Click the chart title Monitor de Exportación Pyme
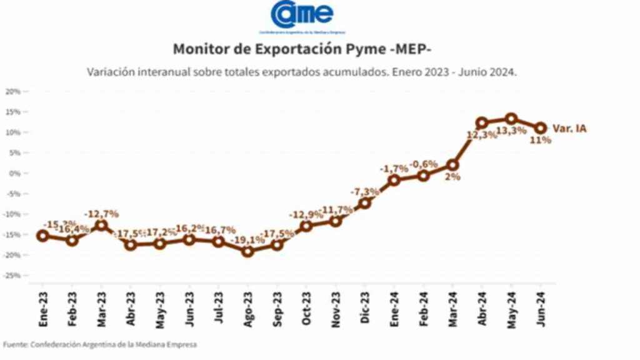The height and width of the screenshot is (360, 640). (301, 49)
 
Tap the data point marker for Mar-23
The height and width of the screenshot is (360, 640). (101, 225)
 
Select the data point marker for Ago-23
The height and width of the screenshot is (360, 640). (247, 251)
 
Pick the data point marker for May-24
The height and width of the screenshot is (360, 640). (511, 119)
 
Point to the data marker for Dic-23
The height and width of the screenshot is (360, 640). (364, 203)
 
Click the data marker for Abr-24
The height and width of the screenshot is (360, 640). (482, 123)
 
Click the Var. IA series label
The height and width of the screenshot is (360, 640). (570, 129)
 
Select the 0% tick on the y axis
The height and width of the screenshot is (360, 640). (16, 173)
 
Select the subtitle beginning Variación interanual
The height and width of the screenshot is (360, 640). (302, 72)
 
